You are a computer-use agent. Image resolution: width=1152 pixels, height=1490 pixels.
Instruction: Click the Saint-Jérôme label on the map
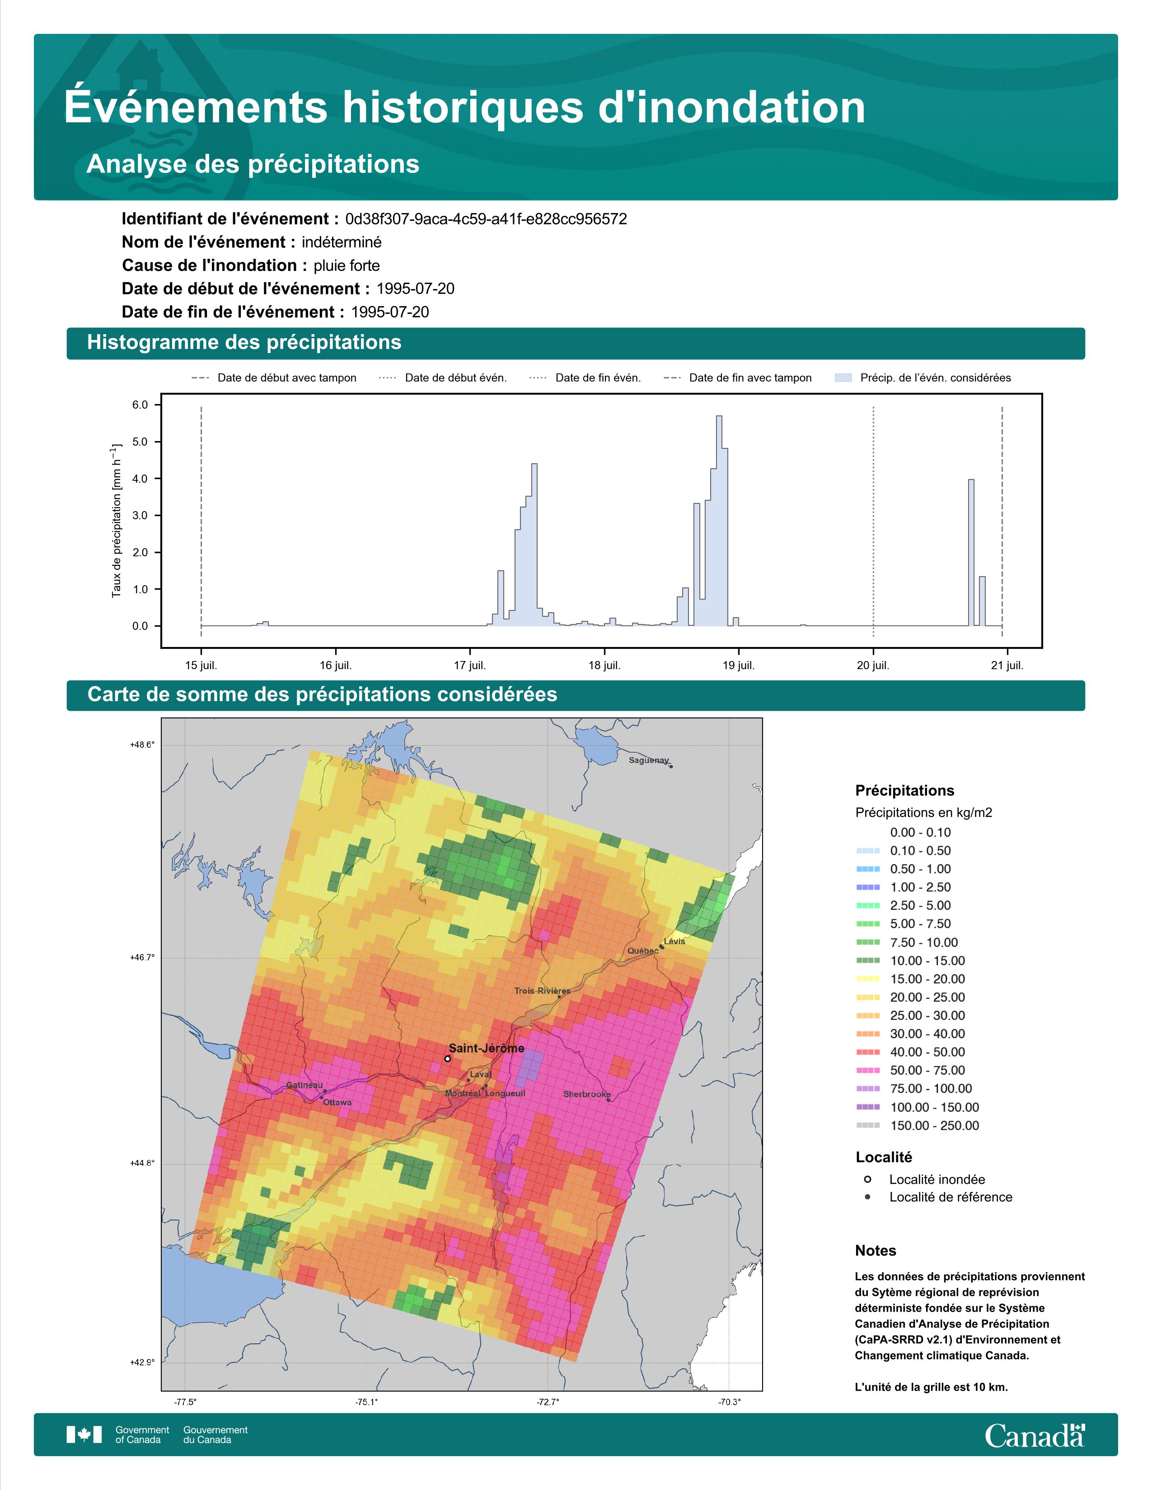click(486, 1048)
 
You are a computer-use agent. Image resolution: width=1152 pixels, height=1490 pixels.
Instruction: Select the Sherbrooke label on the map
click(587, 1094)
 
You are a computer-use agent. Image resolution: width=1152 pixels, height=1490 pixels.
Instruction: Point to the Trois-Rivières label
click(543, 991)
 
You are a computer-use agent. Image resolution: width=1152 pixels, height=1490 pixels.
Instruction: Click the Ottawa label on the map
click(337, 1103)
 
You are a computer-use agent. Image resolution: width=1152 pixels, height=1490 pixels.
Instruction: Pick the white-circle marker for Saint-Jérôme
click(447, 1059)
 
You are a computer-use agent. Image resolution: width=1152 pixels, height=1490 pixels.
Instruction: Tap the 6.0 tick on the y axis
click(140, 405)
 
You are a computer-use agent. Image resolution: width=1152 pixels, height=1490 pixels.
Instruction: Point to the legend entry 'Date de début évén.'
click(443, 378)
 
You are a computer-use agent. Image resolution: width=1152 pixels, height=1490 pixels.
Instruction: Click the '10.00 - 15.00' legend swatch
click(867, 960)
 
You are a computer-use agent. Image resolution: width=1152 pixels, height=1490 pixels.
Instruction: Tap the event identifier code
click(486, 219)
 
